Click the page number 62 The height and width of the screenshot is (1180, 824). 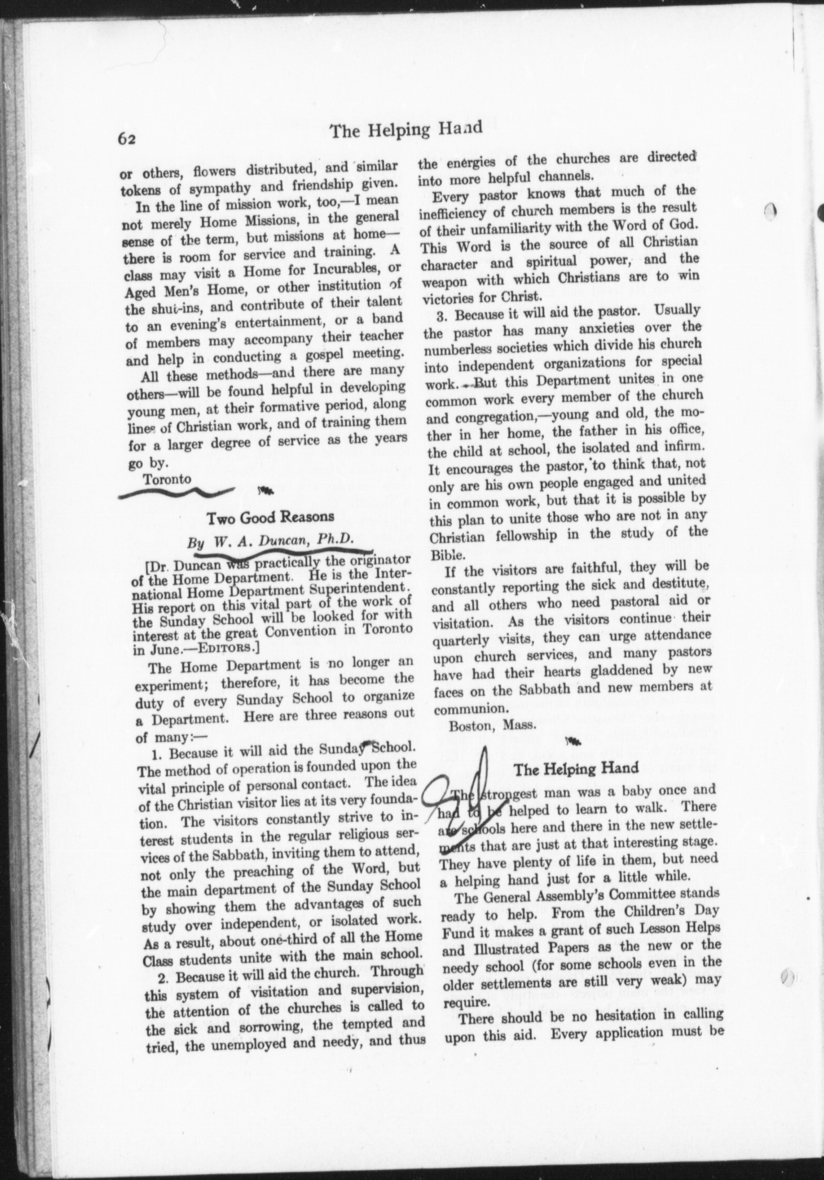127,138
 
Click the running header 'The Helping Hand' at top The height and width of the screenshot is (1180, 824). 406,130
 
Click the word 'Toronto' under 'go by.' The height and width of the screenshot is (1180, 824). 167,479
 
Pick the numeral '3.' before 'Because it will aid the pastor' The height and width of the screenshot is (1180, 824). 445,315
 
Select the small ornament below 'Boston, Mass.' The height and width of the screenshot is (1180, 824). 574,741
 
